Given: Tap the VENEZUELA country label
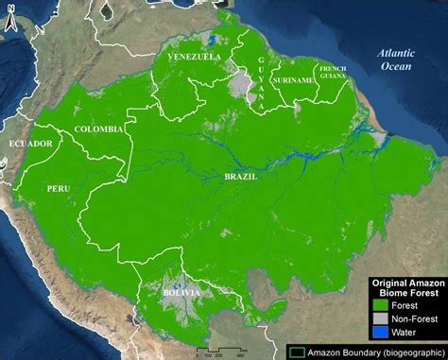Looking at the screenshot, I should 194,58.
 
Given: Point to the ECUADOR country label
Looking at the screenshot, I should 29,143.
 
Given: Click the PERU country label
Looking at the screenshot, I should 58,189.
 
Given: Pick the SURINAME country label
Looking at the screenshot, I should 292,80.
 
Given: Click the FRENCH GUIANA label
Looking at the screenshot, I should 334,72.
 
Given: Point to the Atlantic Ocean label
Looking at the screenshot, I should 393,60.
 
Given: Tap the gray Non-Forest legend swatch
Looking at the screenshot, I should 378,319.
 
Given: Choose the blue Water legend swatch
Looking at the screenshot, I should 378,333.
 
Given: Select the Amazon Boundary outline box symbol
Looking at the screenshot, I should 296,350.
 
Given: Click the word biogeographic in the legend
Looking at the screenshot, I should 406,350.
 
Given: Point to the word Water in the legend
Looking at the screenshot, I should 403,333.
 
